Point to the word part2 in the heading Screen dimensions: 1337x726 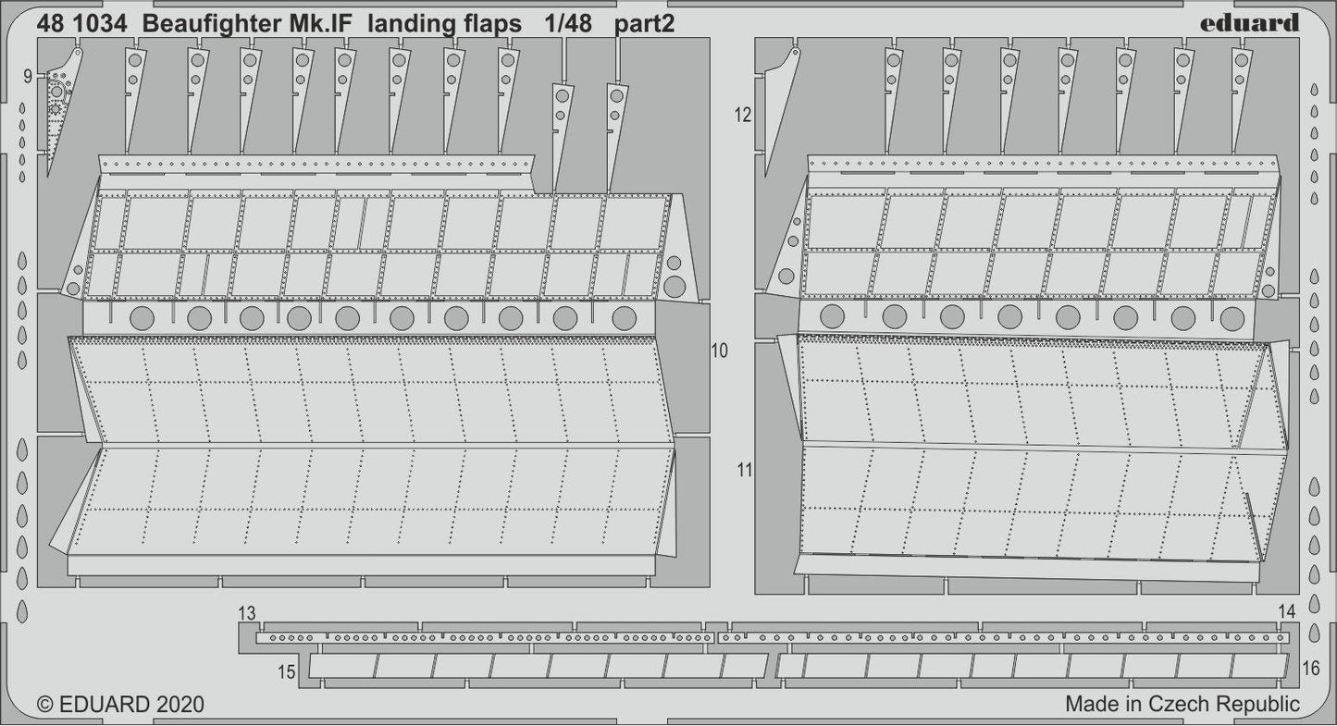(641, 25)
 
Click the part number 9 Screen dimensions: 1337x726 (28, 75)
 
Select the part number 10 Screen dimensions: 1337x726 (719, 351)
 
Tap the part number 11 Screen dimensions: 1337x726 (745, 470)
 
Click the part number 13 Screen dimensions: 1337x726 (245, 614)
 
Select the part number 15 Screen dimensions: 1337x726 (287, 672)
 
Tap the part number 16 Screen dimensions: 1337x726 (1310, 669)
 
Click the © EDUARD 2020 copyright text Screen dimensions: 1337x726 (119, 705)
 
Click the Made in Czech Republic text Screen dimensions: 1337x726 (1182, 704)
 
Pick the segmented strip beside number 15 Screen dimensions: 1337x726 (537, 666)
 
